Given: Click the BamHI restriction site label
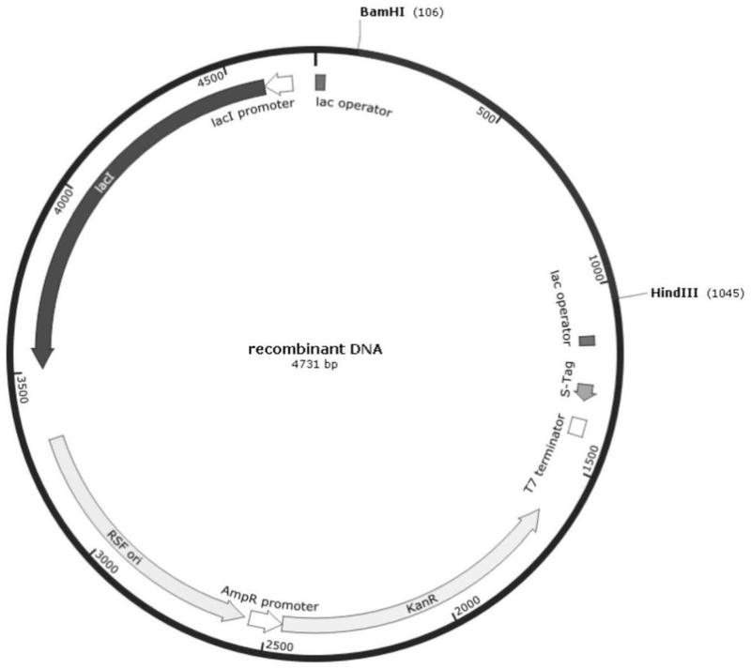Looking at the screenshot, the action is point(382,12).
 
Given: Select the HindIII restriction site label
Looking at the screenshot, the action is point(674,293).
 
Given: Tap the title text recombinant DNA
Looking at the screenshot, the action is point(315,349).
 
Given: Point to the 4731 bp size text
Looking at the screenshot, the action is point(314,364).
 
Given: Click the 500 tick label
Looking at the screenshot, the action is point(485,114).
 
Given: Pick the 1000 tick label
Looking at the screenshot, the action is point(597,268).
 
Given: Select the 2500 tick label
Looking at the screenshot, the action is point(279,646).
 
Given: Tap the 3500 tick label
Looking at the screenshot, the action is point(22,389).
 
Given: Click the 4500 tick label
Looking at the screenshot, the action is point(210,79).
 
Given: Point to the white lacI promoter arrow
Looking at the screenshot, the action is point(279,84).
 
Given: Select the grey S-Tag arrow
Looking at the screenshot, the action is point(586,392).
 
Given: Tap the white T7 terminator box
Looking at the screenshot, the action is point(577,427).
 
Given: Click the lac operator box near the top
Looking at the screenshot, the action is point(320,83).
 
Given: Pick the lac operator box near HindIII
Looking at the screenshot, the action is point(587,341).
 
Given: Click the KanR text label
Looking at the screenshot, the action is point(421,605).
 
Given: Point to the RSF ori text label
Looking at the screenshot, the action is point(124,547).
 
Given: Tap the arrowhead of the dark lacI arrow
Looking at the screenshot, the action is point(42,357).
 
